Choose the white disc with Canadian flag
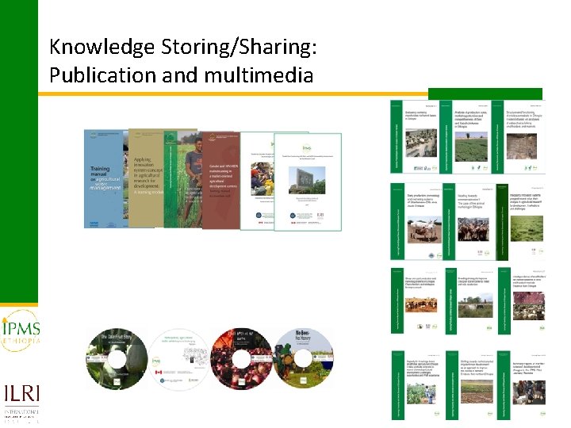coord(185,358)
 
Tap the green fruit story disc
coord(117,358)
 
